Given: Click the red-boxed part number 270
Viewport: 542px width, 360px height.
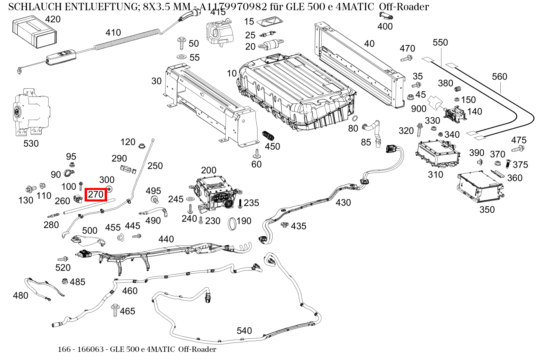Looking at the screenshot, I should [x=96, y=195].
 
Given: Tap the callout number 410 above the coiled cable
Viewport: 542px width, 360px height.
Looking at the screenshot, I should [x=113, y=33].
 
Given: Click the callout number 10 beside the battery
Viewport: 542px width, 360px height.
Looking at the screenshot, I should [x=232, y=74].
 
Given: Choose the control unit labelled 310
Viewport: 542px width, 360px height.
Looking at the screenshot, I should [x=436, y=154].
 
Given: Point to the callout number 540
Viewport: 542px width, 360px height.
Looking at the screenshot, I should [x=244, y=330].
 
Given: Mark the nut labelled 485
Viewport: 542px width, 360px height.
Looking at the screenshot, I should [x=64, y=281].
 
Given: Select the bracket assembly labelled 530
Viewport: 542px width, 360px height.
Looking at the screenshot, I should [x=31, y=112].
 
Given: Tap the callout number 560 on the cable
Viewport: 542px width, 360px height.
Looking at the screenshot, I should [x=499, y=76].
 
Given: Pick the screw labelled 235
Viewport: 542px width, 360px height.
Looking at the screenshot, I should [x=240, y=203].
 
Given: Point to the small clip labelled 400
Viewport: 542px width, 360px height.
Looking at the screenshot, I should [x=385, y=16].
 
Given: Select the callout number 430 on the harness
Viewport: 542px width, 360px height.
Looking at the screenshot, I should [x=343, y=202].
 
